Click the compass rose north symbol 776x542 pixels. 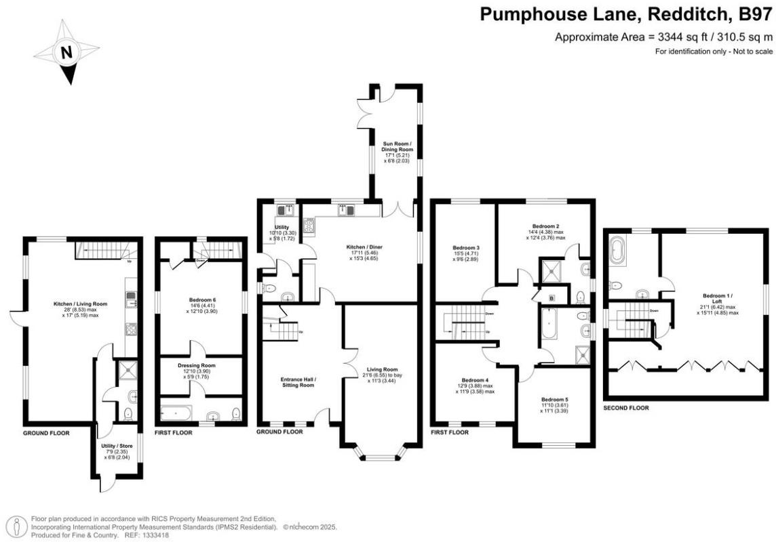(66, 52)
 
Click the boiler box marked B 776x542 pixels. (551, 297)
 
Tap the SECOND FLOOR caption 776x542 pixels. (625, 408)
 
